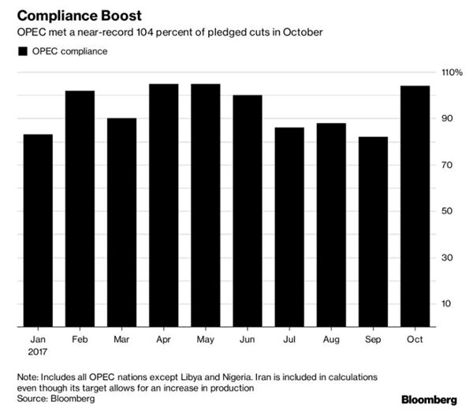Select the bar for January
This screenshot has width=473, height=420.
38,230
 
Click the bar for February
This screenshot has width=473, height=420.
80,209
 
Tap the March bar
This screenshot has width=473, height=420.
121,222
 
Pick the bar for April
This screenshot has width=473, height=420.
163,205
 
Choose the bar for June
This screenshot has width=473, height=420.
248,210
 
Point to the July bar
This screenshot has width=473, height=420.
289,227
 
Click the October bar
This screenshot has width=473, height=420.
415,206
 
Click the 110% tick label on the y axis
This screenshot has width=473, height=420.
453,72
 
